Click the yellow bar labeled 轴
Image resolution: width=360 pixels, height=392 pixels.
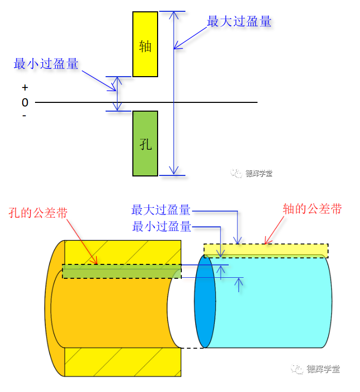pos(145,44)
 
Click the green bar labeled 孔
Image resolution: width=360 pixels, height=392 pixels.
pos(145,144)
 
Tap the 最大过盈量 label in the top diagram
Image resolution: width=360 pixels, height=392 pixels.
pos(239,22)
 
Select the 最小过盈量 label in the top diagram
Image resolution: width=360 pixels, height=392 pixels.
pos(46,64)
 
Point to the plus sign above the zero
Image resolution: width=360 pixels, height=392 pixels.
pos(25,88)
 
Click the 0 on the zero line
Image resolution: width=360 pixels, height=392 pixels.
pos(25,103)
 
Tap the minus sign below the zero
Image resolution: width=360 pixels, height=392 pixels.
pos(25,116)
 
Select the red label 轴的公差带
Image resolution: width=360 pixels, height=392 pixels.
pos(313,209)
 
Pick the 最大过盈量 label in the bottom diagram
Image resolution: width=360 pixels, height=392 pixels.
pos(161,210)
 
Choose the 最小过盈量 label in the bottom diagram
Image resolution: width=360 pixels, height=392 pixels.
pos(162,226)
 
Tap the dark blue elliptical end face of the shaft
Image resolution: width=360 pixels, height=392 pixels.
pos(204,301)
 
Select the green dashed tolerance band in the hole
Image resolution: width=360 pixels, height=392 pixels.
pos(118,271)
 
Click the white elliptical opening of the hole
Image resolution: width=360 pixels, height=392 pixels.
pos(178,314)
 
